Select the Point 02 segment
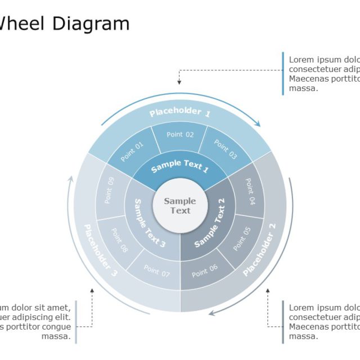tap(180, 135)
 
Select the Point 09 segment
tap(109, 190)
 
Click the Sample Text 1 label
tap(180, 166)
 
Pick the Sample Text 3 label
tap(150, 223)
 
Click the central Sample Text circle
tap(180, 205)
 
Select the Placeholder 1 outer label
tap(180, 112)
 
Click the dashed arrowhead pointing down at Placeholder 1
tap(179, 82)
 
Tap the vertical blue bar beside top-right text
tap(283, 73)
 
